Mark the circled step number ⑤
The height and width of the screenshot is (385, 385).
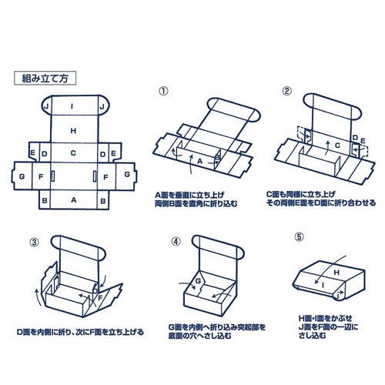pyautogui.click(x=300, y=239)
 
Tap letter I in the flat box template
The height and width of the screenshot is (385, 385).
pyautogui.click(x=72, y=105)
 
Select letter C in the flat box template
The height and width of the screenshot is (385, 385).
pyautogui.click(x=72, y=153)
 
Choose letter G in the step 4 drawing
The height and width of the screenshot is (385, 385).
pyautogui.click(x=197, y=283)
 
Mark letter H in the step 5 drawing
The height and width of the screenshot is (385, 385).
pyautogui.click(x=335, y=272)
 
